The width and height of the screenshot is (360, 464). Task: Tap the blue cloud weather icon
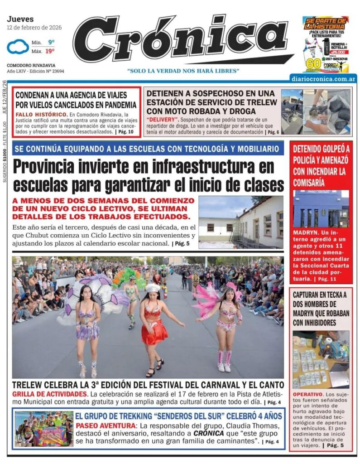(17, 47)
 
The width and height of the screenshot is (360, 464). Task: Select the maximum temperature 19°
(51, 51)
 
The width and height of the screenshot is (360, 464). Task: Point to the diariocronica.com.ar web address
(324, 79)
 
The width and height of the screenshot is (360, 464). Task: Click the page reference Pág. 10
(125, 132)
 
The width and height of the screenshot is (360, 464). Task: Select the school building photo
(241, 222)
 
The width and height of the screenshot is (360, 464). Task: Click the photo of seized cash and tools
(321, 359)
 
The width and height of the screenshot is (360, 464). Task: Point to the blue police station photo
(321, 209)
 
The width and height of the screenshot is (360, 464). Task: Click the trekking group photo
(43, 429)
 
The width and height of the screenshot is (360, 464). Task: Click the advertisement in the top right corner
(326, 44)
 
